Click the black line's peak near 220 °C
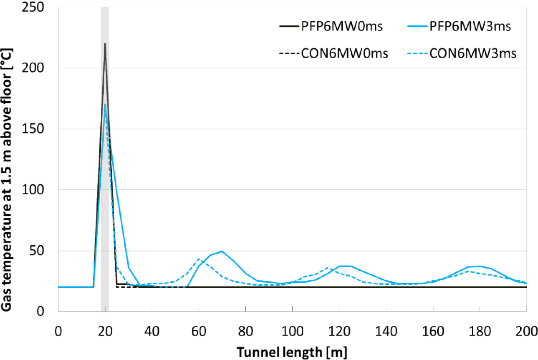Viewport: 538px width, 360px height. point(105,44)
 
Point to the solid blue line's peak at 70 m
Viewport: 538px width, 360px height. point(222,251)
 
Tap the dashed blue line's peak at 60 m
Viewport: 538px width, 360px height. point(199,259)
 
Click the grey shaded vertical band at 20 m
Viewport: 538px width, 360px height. point(105,192)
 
